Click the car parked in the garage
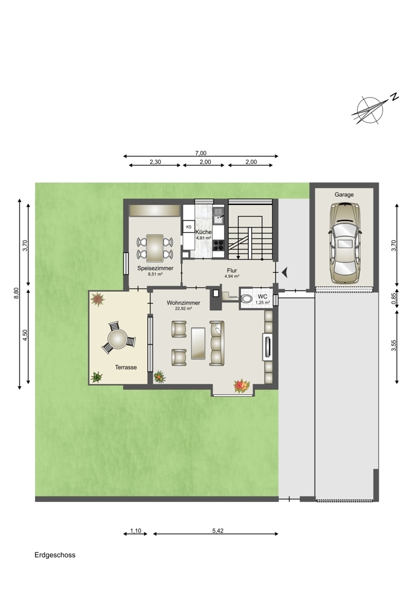click(344, 243)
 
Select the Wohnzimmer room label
click(183, 303)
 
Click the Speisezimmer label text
click(155, 268)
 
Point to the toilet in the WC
click(246, 299)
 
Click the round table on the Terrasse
click(118, 339)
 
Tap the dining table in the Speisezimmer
click(155, 248)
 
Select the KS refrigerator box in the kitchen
click(189, 227)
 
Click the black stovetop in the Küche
click(218, 245)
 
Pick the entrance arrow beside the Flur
click(285, 271)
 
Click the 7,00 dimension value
click(201, 153)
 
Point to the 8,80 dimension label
click(16, 293)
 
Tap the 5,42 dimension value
click(218, 530)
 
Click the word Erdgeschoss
click(55, 555)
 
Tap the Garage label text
click(344, 195)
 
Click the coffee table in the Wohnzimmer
click(198, 343)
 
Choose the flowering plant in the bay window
click(242, 386)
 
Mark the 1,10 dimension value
click(135, 530)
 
